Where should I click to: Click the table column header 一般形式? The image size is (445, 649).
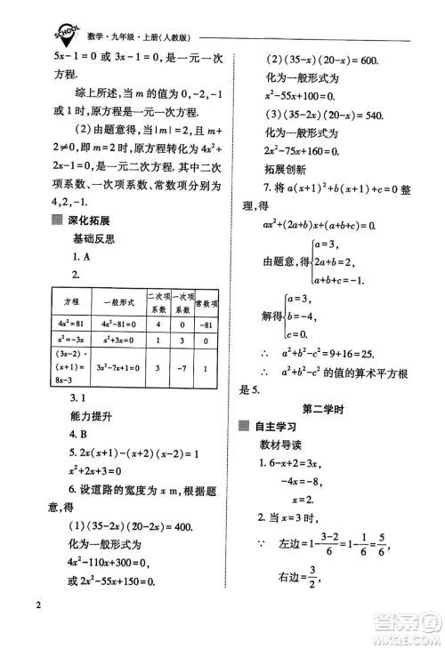point(116,301)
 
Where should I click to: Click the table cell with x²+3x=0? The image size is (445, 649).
point(116,341)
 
